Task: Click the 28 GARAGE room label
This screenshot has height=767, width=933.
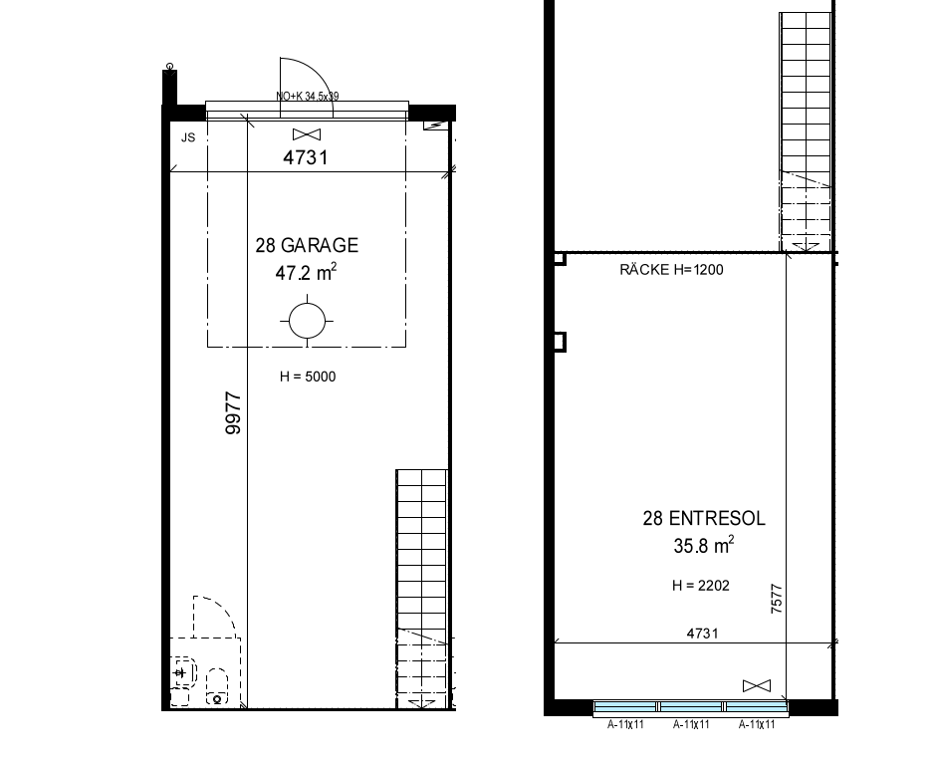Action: tap(307, 245)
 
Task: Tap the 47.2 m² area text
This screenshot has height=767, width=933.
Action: tap(306, 272)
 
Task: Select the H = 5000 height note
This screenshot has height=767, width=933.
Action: tap(308, 377)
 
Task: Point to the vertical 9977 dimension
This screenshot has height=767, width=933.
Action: tap(233, 413)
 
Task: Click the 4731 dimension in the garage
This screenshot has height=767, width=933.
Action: tap(306, 157)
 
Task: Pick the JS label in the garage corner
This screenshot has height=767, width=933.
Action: tap(188, 137)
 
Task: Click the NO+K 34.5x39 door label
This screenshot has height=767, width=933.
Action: tap(307, 96)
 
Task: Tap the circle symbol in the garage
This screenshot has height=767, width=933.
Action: tap(307, 322)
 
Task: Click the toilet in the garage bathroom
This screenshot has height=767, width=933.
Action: tap(217, 686)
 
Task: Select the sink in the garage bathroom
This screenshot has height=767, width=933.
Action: tap(182, 672)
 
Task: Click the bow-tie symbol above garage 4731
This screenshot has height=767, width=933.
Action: tap(307, 134)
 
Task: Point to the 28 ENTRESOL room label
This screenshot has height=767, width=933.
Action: tap(704, 518)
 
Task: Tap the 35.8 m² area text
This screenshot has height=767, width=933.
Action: tap(703, 545)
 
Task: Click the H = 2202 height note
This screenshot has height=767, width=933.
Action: tap(700, 586)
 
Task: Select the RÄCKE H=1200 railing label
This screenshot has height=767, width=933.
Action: tap(671, 270)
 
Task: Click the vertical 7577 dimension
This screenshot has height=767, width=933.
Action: tap(777, 599)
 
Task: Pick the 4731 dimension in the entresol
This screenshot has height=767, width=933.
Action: tap(703, 634)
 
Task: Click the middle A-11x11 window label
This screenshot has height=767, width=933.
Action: tap(691, 725)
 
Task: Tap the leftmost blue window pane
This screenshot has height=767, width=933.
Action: tap(624, 706)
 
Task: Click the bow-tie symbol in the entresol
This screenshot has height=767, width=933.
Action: tap(757, 686)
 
